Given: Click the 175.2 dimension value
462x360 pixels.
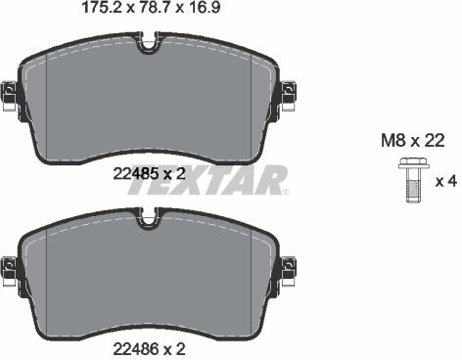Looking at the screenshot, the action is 102,8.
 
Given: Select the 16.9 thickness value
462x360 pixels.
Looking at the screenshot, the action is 205,8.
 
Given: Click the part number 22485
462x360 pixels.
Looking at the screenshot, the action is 136,173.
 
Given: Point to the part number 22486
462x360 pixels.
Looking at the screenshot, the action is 136,349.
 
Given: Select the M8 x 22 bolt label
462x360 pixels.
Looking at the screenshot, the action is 413,141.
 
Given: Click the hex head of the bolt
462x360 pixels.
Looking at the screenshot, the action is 413,164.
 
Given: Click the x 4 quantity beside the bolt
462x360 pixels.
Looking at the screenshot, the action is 446,181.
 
